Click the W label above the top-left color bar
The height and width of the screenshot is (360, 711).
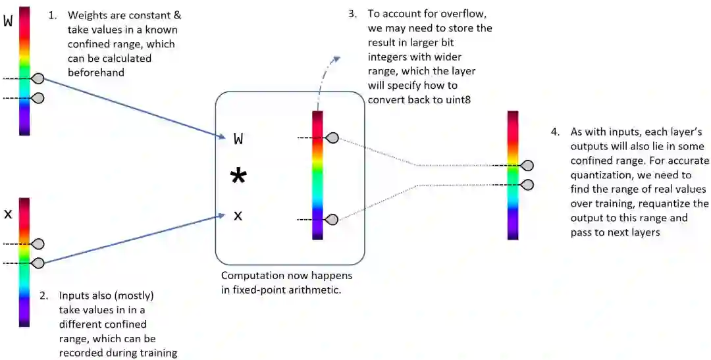pyautogui.click(x=8, y=20)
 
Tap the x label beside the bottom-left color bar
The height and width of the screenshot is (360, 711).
pyautogui.click(x=8, y=215)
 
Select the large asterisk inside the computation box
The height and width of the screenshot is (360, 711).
pyautogui.click(x=238, y=176)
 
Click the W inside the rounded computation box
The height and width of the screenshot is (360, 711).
pyautogui.click(x=238, y=138)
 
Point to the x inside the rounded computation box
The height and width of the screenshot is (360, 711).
pyautogui.click(x=238, y=215)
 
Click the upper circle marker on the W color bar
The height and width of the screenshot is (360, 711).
pyautogui.click(x=38, y=79)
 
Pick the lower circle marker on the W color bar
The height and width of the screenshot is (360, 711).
pyautogui.click(x=38, y=98)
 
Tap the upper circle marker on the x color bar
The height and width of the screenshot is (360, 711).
pyautogui.click(x=38, y=244)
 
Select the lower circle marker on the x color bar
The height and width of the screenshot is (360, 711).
pyautogui.click(x=38, y=263)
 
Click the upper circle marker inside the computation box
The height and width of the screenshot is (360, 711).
pyautogui.click(x=332, y=138)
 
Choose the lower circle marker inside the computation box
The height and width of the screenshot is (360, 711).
pyautogui.click(x=332, y=219)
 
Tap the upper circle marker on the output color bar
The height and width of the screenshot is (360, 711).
pyautogui.click(x=527, y=165)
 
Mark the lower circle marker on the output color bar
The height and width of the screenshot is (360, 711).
pyautogui.click(x=527, y=184)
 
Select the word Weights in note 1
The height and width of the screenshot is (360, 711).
pyautogui.click(x=86, y=14)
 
